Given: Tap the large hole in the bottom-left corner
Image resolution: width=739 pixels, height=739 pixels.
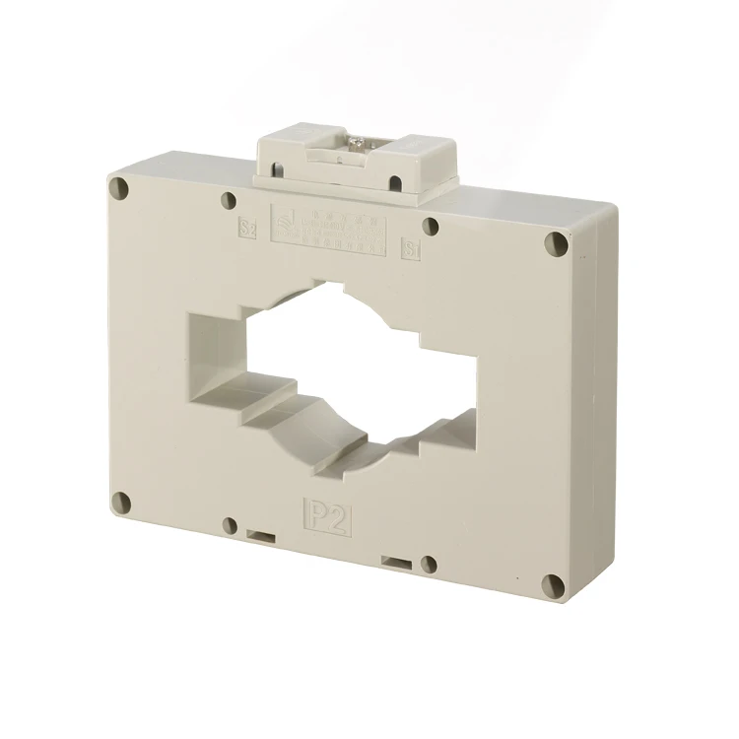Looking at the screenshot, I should [121, 501].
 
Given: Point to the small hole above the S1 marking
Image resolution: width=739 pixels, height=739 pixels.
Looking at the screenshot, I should [430, 226].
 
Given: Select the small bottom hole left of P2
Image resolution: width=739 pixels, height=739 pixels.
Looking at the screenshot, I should [229, 524].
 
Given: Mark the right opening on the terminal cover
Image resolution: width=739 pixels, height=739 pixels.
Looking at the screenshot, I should [395, 182].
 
